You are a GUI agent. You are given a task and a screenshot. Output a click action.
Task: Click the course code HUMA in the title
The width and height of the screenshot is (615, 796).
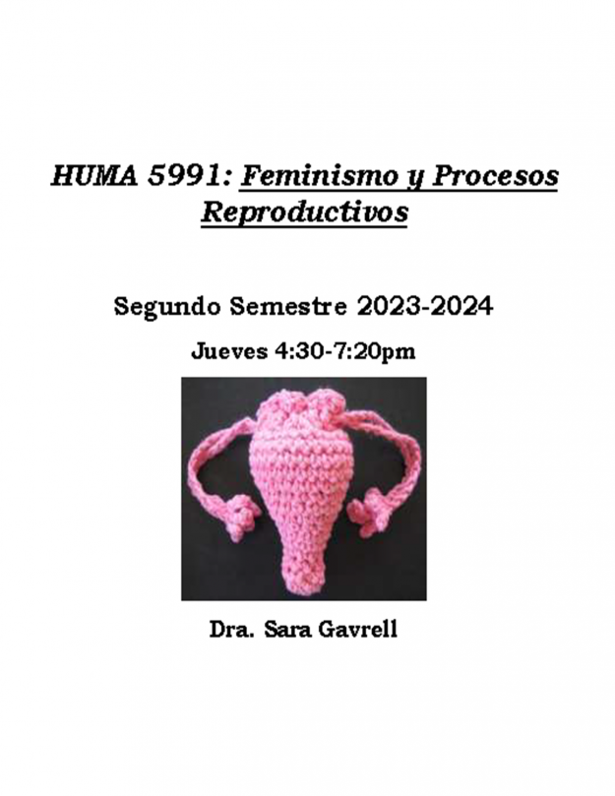coord(94,177)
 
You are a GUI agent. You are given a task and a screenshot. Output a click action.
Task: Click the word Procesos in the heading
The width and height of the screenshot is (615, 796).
coord(495,177)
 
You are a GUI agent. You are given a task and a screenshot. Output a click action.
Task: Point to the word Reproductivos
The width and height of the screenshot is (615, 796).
coord(305,213)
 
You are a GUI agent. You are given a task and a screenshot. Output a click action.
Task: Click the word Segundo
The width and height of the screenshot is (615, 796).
coord(167,307)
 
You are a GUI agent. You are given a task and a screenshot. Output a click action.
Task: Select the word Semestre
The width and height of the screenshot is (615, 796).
coord(288,306)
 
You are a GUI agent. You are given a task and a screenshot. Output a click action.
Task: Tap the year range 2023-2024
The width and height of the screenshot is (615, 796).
coord(424,306)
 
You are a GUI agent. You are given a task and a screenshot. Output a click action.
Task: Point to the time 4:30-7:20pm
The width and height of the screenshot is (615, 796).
coord(344,351)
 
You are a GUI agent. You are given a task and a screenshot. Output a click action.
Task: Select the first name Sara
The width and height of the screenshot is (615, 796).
coord(285,629)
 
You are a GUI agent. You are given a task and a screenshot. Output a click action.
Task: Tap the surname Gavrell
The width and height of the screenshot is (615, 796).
coord(357,629)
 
